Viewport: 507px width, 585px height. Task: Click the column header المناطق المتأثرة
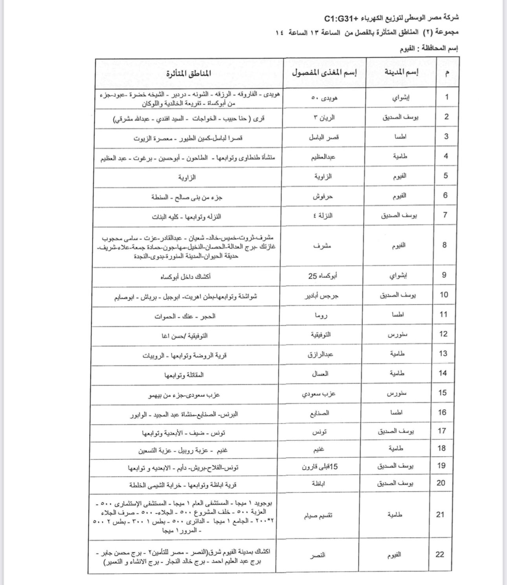coord(188,74)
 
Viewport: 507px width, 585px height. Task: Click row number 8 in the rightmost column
coord(445,245)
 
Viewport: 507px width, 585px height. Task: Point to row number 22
coord(440,554)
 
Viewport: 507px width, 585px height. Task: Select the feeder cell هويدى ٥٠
coord(324,97)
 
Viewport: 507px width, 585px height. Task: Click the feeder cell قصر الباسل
coord(324,137)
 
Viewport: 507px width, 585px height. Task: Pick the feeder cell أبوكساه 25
coord(323,276)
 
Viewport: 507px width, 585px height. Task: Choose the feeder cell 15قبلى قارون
coord(320,467)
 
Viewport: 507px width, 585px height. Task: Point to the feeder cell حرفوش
coord(323,196)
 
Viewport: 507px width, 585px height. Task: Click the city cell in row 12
coord(397,335)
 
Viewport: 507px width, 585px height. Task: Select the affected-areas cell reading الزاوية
coord(187,177)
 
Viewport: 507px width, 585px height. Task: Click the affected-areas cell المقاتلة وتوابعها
coord(184,375)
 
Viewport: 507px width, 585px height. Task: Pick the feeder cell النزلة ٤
coord(323,215)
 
